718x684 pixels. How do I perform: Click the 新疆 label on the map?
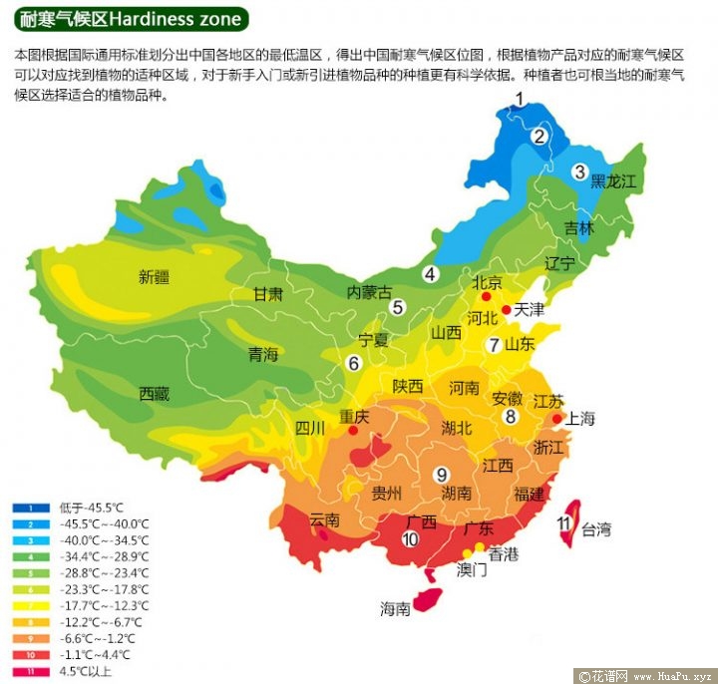click(x=154, y=277)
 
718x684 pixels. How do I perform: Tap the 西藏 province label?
click(x=154, y=394)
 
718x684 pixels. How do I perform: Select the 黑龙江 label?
click(x=612, y=180)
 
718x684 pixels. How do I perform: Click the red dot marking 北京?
click(x=486, y=296)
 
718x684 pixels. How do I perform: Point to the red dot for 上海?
click(x=556, y=418)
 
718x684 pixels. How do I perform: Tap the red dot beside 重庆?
click(x=353, y=431)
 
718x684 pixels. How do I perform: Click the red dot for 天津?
click(x=506, y=310)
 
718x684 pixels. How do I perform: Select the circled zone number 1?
click(x=520, y=99)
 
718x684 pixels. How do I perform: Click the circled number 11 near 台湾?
click(x=564, y=523)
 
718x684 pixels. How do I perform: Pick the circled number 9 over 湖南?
click(x=442, y=475)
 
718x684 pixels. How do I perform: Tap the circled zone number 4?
click(x=430, y=274)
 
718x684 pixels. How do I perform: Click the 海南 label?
click(x=395, y=609)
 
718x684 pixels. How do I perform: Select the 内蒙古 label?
click(x=369, y=292)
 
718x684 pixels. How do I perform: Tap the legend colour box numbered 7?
click(x=30, y=605)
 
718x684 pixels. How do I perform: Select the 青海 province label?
click(x=263, y=354)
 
